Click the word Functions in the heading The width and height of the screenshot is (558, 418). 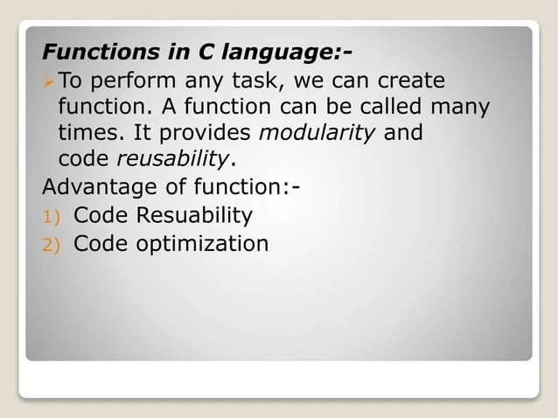[94, 52]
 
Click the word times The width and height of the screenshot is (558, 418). [87, 134]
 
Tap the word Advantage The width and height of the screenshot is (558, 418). [97, 188]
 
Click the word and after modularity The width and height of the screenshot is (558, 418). [403, 134]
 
